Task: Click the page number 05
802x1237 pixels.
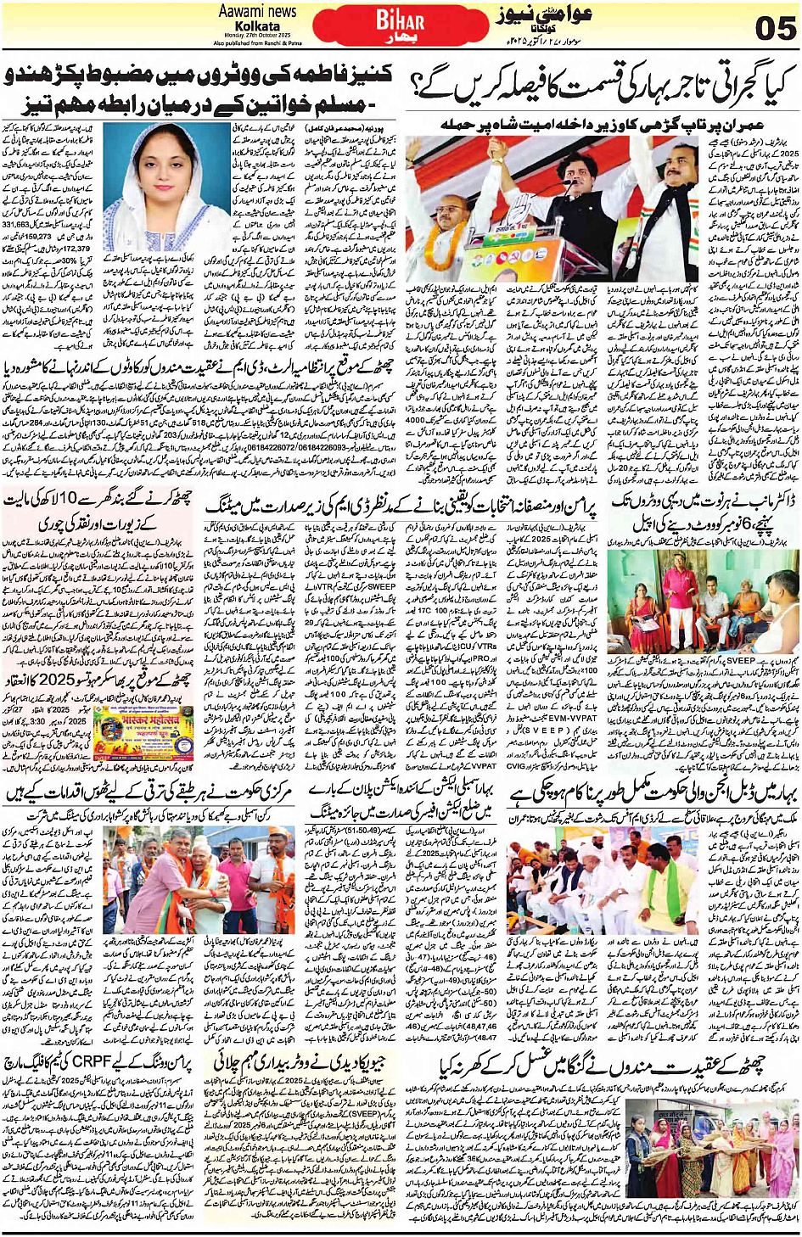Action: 774,26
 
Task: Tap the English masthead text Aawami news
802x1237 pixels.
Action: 257,11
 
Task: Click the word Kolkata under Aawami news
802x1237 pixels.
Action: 257,26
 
